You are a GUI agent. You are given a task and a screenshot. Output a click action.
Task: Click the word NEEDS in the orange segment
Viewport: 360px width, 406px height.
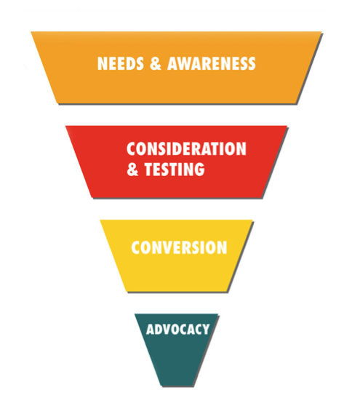[120, 63]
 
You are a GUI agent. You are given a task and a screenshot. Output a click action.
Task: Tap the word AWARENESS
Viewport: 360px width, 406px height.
[212, 63]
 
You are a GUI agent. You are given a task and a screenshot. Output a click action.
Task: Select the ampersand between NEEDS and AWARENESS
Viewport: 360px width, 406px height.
[156, 63]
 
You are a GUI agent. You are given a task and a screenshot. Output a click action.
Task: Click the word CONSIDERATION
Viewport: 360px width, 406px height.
[186, 149]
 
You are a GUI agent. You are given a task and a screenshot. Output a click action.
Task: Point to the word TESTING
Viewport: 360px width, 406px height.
[175, 169]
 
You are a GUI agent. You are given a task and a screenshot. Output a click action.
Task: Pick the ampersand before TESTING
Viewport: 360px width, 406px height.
[132, 169]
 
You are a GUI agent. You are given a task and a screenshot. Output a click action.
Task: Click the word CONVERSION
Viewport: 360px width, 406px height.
[179, 247]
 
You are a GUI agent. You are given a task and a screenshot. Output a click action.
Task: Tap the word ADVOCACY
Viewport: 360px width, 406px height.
[177, 330]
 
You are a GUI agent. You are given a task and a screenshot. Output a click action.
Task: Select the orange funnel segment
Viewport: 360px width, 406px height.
[177, 68]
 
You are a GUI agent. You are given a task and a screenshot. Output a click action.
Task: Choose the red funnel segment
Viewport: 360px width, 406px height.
[177, 162]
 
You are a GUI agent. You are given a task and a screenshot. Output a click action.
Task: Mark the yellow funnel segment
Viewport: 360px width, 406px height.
[177, 256]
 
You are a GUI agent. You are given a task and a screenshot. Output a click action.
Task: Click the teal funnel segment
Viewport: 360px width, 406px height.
[177, 350]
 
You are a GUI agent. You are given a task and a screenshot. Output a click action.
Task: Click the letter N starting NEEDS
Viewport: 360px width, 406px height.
[102, 63]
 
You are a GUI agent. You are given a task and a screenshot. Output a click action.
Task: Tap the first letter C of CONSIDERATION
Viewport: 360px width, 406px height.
[131, 149]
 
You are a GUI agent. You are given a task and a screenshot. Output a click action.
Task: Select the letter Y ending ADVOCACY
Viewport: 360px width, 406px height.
[205, 330]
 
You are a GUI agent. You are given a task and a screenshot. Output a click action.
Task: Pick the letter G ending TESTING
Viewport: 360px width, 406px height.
[199, 169]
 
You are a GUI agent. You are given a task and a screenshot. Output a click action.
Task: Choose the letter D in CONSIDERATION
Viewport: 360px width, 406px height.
[176, 149]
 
